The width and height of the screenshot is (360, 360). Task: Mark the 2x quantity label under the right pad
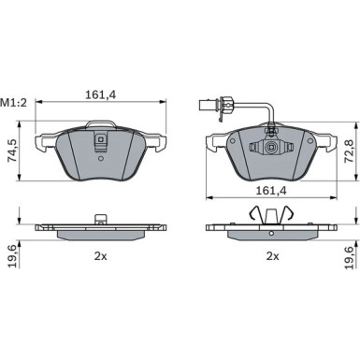272,254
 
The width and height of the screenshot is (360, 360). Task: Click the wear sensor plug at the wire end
209,107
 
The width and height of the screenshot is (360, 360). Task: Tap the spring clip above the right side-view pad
270,216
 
